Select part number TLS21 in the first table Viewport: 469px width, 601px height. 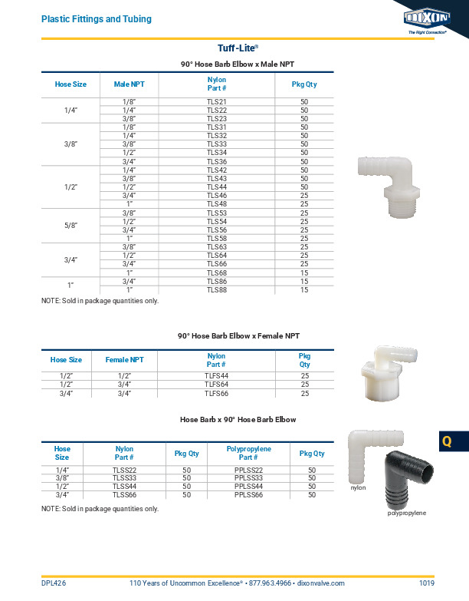pyautogui.click(x=217, y=101)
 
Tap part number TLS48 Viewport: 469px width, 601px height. pyautogui.click(x=217, y=204)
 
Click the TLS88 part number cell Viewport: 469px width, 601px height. pyautogui.click(x=217, y=290)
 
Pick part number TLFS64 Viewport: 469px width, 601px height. pyautogui.click(x=217, y=384)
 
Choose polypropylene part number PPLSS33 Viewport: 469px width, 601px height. pyautogui.click(x=249, y=477)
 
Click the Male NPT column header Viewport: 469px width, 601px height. pyautogui.click(x=129, y=84)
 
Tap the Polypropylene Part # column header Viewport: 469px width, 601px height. pyautogui.click(x=249, y=453)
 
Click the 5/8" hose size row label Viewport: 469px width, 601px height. pyautogui.click(x=71, y=226)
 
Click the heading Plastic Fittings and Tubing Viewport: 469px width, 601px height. pyautogui.click(x=96, y=18)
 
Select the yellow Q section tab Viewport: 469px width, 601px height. pyautogui.click(x=448, y=442)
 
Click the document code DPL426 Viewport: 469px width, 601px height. pyautogui.click(x=54, y=584)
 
